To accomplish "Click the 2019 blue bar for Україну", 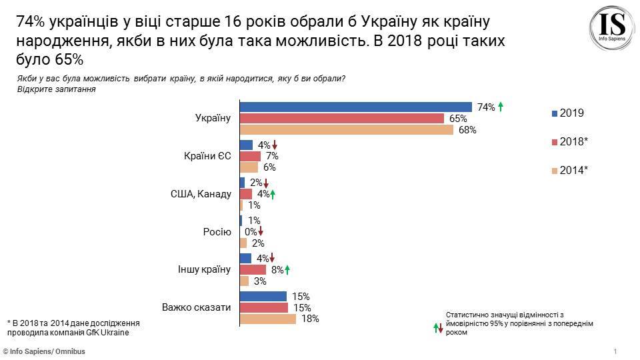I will point(355,107).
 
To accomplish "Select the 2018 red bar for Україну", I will point(341,118).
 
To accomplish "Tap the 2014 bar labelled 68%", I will point(346,129).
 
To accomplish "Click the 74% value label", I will point(485,107).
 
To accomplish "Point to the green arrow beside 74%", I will point(501,106).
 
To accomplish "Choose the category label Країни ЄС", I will point(207,157).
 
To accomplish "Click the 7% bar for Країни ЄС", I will point(250,156).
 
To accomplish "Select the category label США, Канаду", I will point(201,194).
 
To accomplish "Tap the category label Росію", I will point(217,232).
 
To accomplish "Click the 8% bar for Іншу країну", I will point(253,269).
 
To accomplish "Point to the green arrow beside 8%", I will point(287,269).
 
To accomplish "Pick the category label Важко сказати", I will point(197,307).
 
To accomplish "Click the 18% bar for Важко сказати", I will point(267,319).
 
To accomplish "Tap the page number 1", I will point(615,351).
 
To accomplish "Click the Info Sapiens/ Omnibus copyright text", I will point(44,351).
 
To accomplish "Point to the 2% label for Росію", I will point(258,243).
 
